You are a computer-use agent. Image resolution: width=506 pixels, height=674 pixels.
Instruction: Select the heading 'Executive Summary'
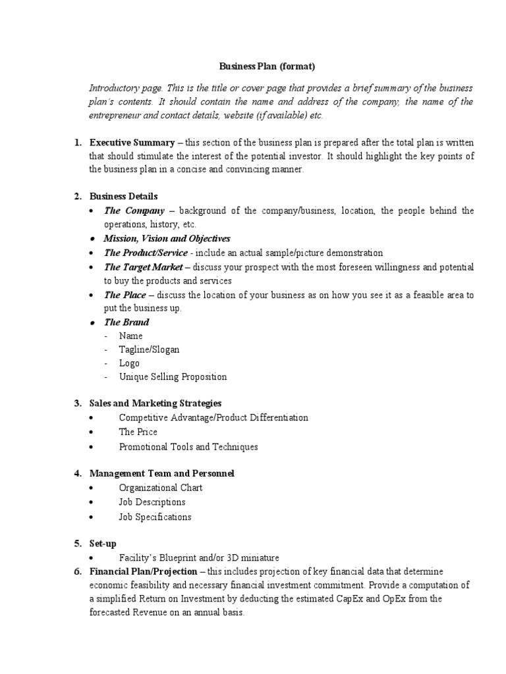tap(132, 143)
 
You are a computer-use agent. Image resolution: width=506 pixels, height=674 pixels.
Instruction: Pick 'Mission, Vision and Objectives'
tap(167, 238)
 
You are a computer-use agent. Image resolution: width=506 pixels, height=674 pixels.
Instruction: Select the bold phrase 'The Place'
tap(125, 295)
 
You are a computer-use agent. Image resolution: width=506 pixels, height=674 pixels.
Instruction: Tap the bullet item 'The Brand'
tap(126, 322)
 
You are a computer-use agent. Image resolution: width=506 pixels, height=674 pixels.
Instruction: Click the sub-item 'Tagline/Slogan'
tap(149, 350)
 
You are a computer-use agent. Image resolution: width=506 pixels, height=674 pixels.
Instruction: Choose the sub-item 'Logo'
tap(129, 363)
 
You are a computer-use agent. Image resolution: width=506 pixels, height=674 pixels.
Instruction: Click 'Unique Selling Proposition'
tap(173, 377)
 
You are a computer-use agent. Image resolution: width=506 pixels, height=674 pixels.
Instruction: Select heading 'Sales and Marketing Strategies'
tap(155, 403)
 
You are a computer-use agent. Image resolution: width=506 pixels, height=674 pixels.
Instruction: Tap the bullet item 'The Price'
tap(138, 432)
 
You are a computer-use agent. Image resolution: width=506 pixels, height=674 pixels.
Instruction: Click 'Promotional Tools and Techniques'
tap(188, 447)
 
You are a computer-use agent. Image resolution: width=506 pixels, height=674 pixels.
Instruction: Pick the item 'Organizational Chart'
tap(161, 488)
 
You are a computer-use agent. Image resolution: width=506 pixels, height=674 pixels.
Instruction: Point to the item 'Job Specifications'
tap(155, 517)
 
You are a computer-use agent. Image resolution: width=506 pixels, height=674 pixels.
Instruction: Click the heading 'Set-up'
tap(103, 543)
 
